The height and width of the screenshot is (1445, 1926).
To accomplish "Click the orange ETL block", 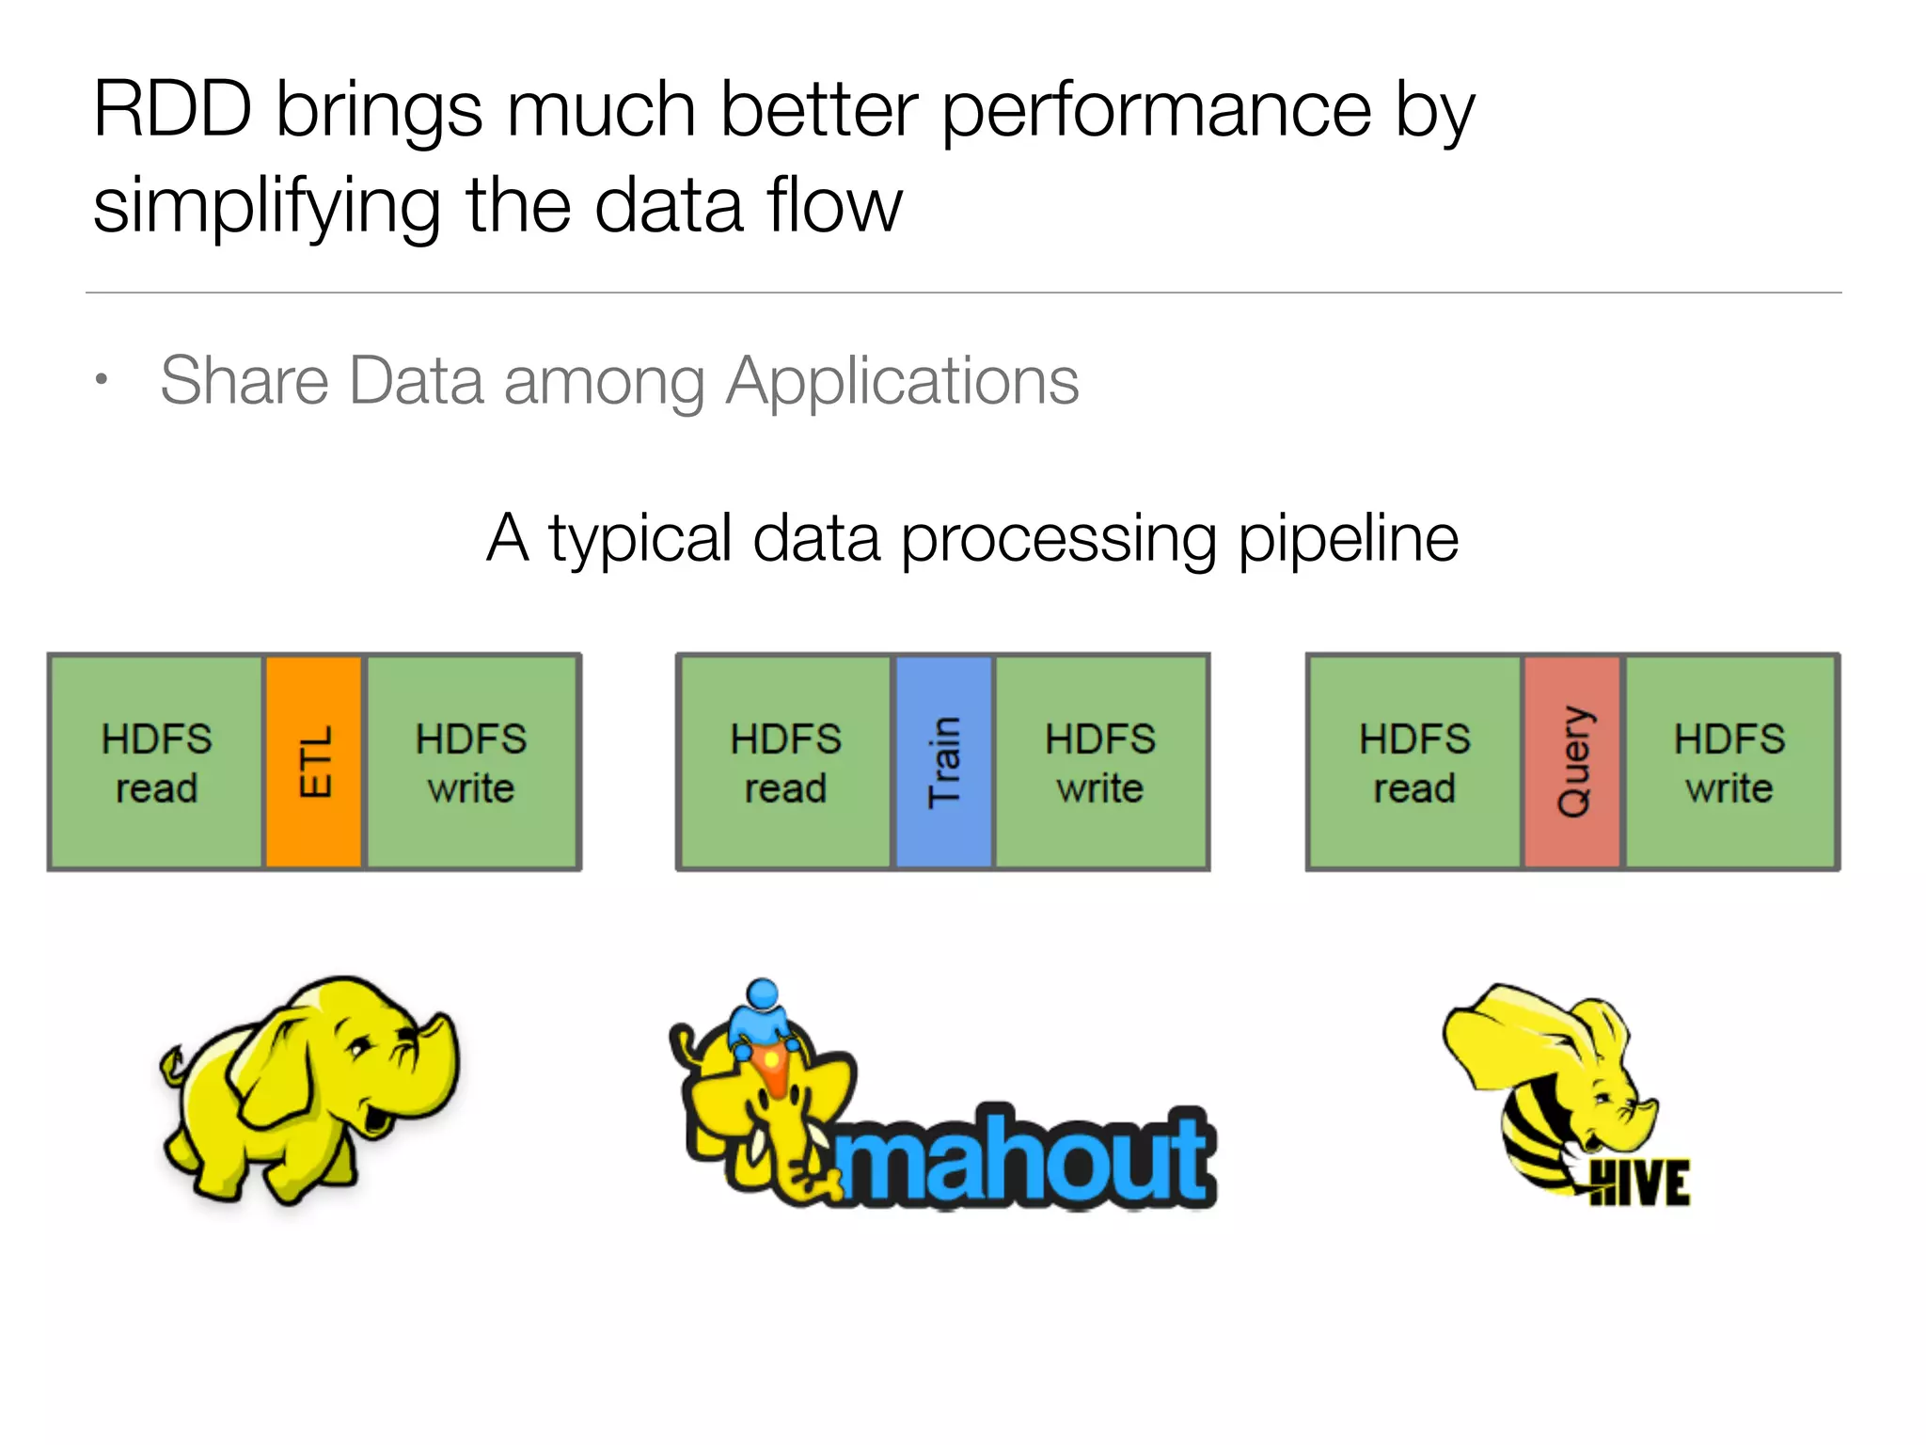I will click(313, 761).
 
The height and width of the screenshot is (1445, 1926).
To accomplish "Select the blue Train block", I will click(943, 761).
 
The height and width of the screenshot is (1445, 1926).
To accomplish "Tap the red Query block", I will click(1572, 761).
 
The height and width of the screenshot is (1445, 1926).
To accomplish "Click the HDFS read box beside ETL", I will click(156, 761).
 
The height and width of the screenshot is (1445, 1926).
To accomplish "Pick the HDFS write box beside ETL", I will click(471, 761).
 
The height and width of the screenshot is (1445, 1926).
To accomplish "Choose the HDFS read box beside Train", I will click(785, 761).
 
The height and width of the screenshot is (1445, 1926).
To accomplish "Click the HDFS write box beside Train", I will click(1100, 761).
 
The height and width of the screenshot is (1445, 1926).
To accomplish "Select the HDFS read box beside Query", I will click(1414, 761).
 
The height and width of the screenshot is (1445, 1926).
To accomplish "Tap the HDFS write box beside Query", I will click(1729, 761).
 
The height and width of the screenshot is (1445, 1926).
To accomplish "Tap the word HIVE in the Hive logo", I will click(1640, 1183).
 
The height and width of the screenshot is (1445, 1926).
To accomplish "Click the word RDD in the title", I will click(173, 110).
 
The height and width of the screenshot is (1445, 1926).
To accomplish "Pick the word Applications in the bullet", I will click(903, 382).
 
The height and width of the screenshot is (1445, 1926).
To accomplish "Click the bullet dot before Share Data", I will click(102, 380).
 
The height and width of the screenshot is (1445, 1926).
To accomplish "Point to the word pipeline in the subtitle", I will click(1348, 540).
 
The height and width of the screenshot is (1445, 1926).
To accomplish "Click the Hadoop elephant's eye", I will click(360, 1045).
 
